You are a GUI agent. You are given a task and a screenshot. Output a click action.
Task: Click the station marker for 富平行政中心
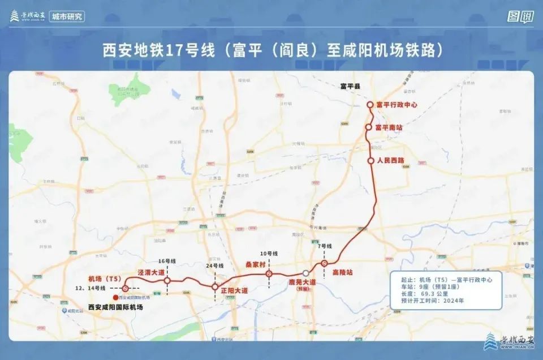coord(370,105)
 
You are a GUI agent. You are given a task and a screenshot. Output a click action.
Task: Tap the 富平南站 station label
coord(389,128)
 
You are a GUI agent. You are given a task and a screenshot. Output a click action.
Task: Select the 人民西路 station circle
coord(371,161)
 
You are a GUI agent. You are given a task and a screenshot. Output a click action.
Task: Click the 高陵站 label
coord(342,272)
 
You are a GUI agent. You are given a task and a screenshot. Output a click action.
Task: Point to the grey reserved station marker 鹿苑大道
coord(305,273)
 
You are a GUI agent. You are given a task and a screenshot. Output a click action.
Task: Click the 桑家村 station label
coord(255,264)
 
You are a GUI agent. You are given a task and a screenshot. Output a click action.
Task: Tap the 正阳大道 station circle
coord(215,287)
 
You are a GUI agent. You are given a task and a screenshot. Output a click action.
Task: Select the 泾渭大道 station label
coord(151,272)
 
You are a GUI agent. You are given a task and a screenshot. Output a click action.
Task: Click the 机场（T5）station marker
coord(126,288)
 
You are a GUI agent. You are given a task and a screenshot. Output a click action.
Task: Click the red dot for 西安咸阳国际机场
coord(115,297)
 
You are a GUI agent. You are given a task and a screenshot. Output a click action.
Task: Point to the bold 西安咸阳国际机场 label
coord(115,307)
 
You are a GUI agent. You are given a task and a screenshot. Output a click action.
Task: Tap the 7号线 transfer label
coord(324,246)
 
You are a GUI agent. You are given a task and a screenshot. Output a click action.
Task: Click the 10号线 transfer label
coord(269,253)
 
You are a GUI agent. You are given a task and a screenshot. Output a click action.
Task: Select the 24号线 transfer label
coord(214,266)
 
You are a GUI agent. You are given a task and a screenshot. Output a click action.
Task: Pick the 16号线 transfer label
coord(167,261)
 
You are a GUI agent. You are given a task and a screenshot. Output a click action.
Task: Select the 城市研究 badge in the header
coord(67,16)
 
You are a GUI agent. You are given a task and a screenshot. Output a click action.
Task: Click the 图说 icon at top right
coord(520,16)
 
